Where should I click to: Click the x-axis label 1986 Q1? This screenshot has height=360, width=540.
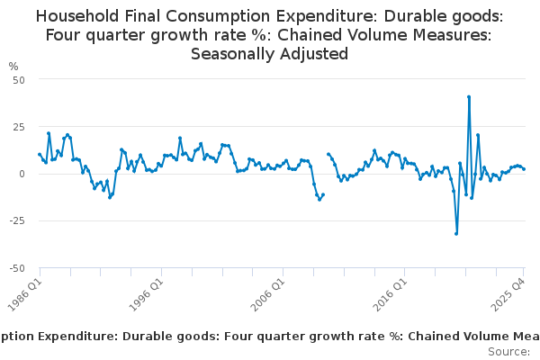(25, 291)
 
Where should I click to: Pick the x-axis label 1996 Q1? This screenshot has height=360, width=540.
(147, 291)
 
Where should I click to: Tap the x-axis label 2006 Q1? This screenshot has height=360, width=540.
(268, 291)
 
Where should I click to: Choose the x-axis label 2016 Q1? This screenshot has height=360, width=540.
(390, 291)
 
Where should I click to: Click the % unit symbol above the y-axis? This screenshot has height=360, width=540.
(13, 66)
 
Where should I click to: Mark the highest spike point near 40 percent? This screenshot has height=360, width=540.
(469, 96)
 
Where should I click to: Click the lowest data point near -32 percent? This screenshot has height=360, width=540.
(456, 233)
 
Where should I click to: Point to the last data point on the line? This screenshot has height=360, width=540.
(524, 169)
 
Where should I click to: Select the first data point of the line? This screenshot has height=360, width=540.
(40, 154)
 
